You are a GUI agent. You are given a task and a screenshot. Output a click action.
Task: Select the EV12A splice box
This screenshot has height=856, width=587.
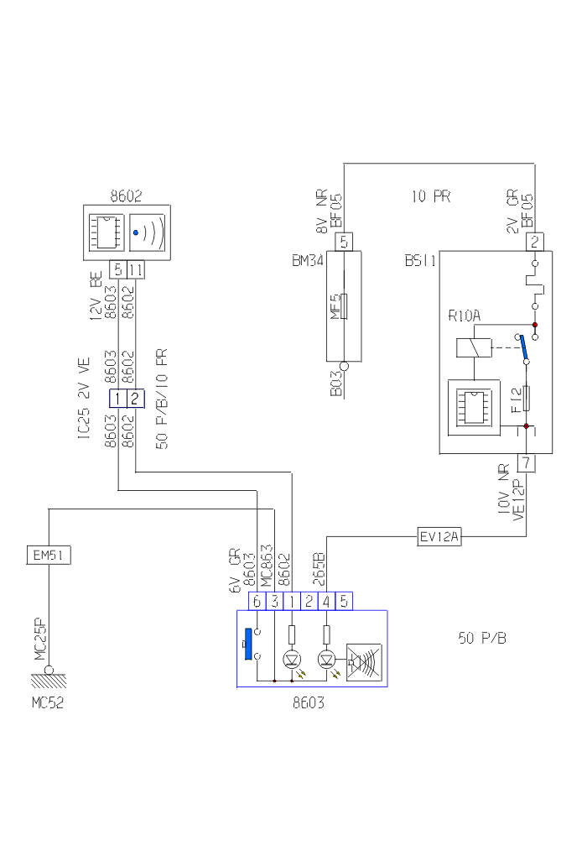[x=439, y=535]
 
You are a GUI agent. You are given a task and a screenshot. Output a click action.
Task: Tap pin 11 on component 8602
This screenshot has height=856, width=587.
[x=136, y=269]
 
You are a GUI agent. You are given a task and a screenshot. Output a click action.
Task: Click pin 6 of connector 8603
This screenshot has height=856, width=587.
[x=257, y=601]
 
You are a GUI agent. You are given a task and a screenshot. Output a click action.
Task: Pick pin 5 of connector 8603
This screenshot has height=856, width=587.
[x=343, y=601]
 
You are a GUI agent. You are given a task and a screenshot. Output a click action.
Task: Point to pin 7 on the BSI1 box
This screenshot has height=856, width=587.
[x=526, y=462]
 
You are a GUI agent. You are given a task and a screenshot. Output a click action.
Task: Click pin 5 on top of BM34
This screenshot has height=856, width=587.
[x=345, y=242]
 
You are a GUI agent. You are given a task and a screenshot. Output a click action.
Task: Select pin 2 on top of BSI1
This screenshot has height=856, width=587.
[x=534, y=242]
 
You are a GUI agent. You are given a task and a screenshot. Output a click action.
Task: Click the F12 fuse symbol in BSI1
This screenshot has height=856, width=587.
[x=526, y=399]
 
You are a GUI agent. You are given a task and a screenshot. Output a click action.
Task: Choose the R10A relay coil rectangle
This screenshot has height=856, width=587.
[x=471, y=347]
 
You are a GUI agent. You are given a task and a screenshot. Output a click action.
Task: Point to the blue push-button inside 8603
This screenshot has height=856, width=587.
[x=247, y=644]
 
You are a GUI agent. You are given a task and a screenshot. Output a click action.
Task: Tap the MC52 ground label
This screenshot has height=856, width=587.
[x=47, y=703]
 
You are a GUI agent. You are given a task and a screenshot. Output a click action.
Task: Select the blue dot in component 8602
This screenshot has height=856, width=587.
[x=136, y=232]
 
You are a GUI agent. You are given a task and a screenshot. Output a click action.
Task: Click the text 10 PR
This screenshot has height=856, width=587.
[x=431, y=196]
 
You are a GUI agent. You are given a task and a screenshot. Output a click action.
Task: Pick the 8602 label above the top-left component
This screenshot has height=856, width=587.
[x=127, y=196]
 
